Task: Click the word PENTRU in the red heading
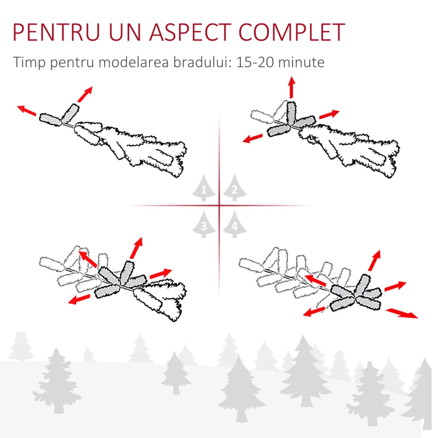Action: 56,32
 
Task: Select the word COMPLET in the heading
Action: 292,32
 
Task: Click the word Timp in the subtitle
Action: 29,62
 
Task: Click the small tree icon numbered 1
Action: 204,187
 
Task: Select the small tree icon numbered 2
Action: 234,187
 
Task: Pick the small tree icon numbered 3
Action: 204,224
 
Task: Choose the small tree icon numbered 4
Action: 234,224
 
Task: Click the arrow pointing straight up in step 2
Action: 292,87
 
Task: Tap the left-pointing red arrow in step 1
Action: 26,111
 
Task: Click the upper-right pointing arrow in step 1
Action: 85,94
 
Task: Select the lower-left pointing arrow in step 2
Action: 252,139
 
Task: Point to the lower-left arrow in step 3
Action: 79,299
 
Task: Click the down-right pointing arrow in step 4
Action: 402,313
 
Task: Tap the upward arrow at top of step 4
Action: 374,261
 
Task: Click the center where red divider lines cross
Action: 220,206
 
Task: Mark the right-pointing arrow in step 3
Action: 160,273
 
